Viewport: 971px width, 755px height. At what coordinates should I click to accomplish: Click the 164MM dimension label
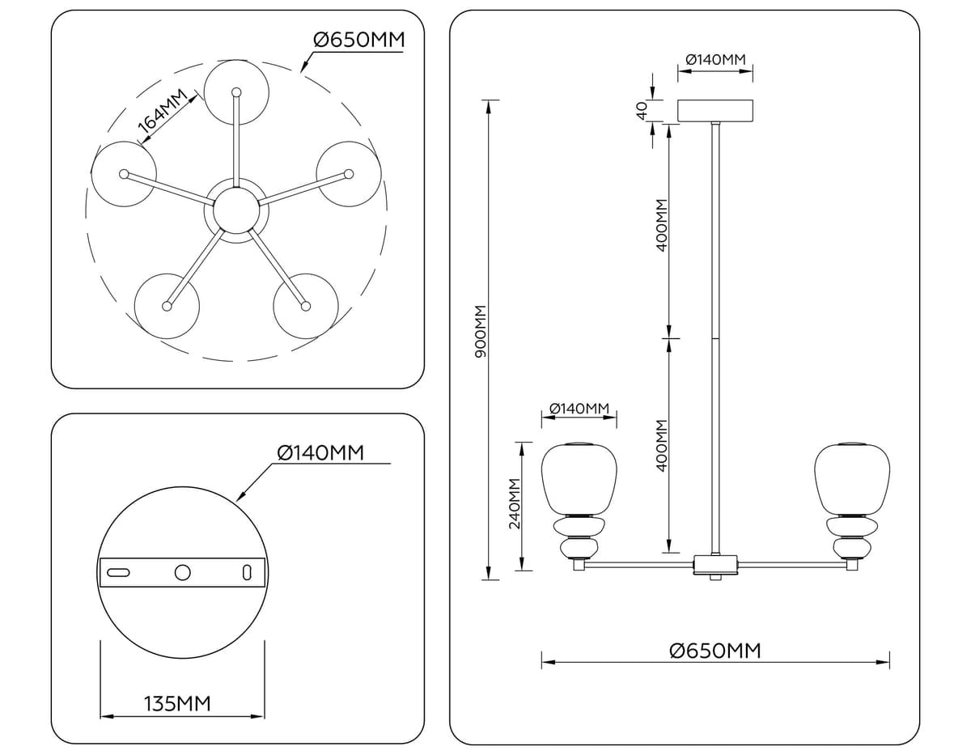pyautogui.click(x=162, y=111)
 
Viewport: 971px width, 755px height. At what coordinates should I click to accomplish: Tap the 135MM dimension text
pyautogui.click(x=177, y=704)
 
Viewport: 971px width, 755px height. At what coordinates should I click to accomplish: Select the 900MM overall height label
pyautogui.click(x=481, y=331)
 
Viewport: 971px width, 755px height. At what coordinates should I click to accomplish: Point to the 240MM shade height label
pyautogui.click(x=515, y=503)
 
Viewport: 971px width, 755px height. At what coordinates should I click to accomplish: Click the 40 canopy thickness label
pyautogui.click(x=641, y=110)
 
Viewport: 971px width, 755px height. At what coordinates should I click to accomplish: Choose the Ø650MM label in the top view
pyautogui.click(x=358, y=40)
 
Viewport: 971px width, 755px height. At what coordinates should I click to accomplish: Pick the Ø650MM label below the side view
pyautogui.click(x=715, y=651)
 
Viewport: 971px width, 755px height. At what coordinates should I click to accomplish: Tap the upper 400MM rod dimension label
pyautogui.click(x=661, y=225)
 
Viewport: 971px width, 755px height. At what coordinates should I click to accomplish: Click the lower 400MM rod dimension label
pyautogui.click(x=661, y=445)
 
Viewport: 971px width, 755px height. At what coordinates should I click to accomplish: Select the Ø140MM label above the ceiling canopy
pyautogui.click(x=715, y=59)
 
